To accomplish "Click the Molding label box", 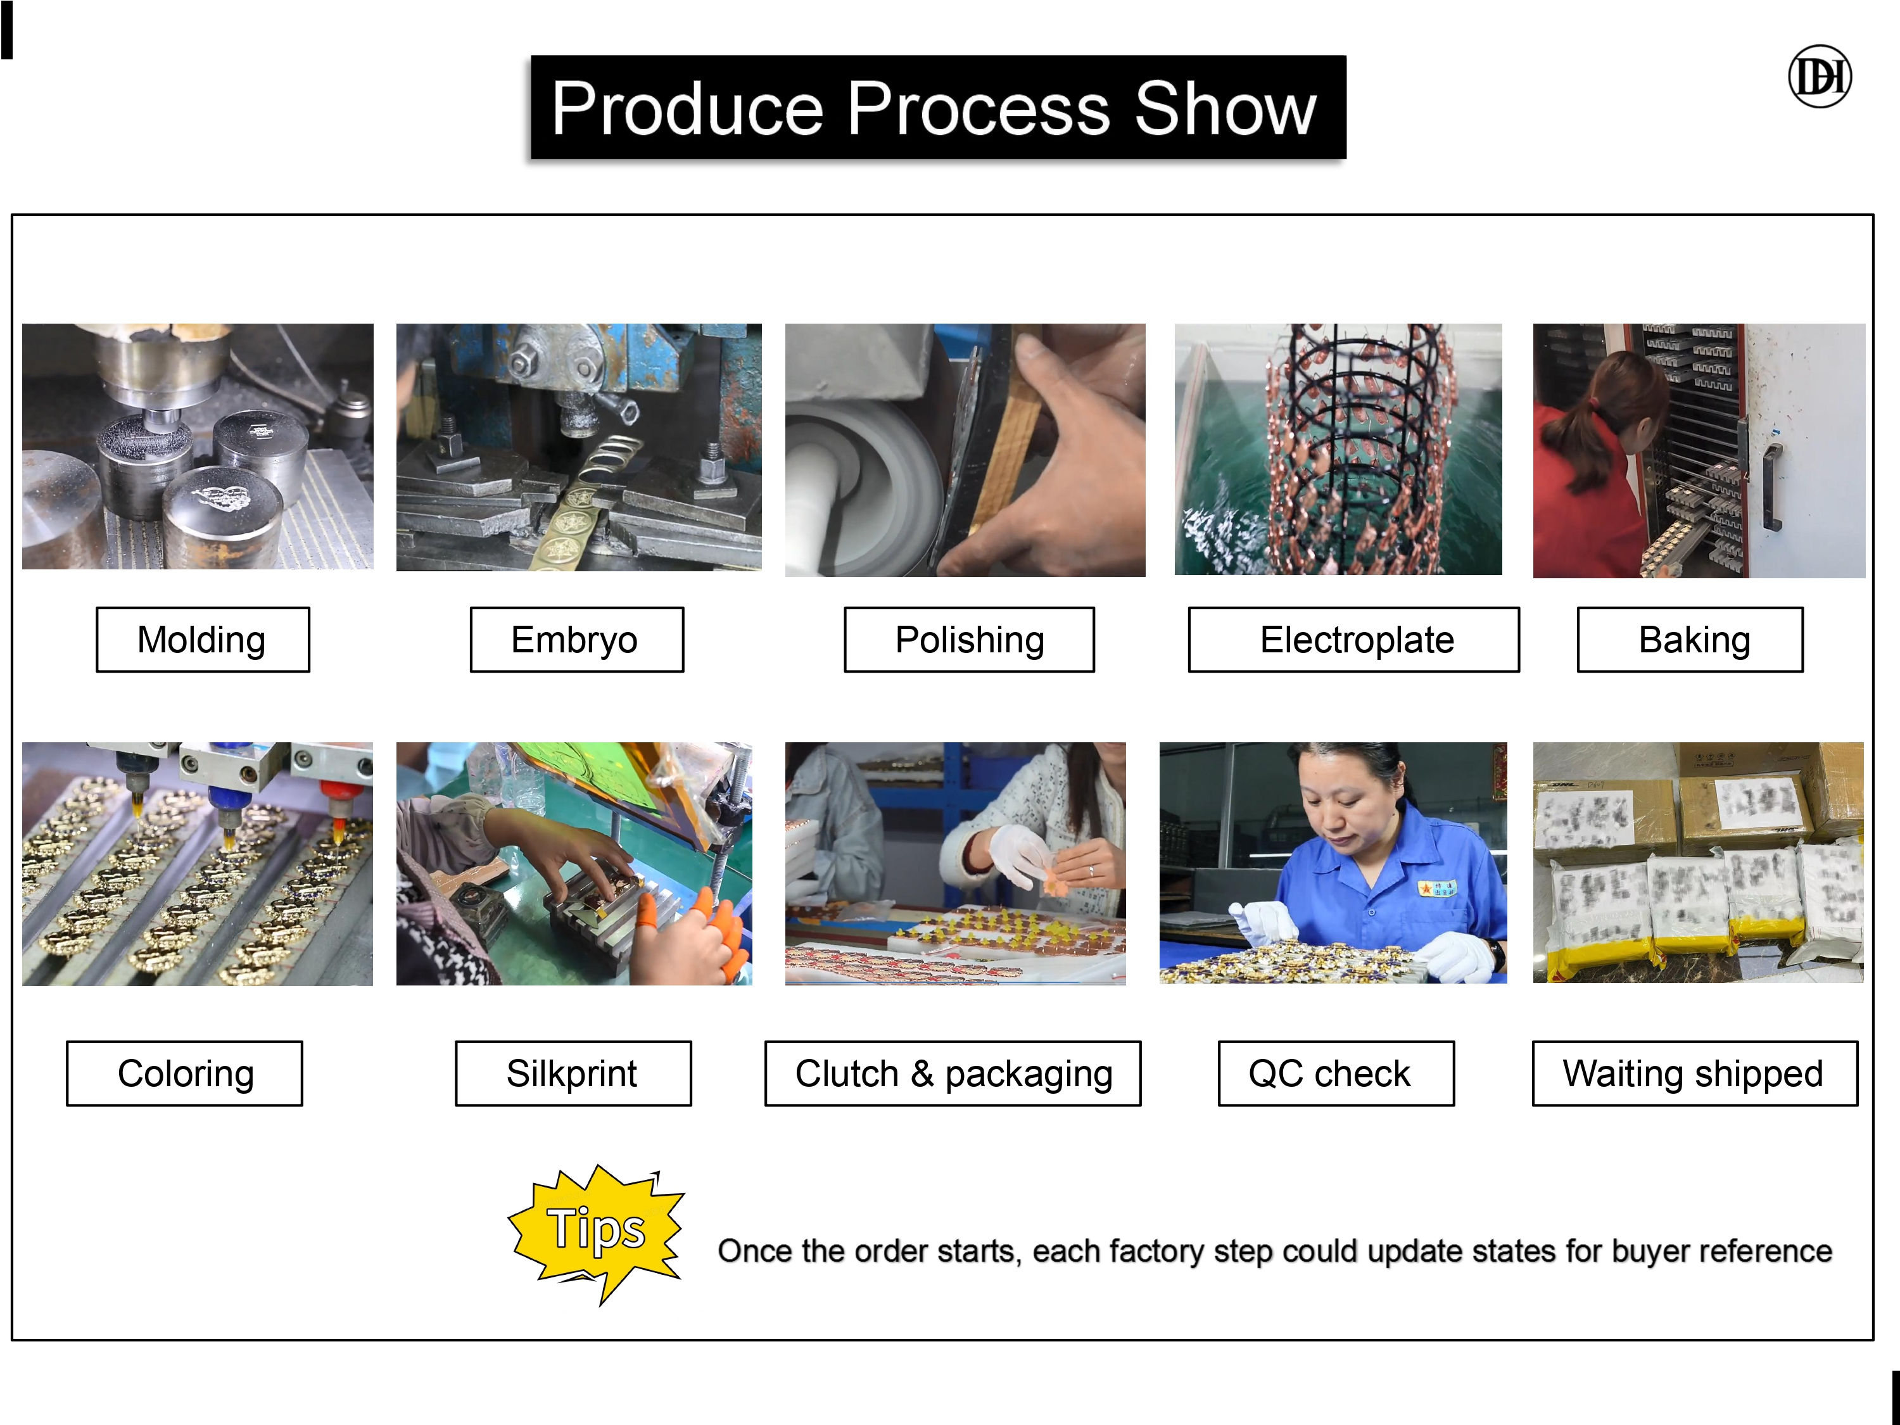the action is [203, 640].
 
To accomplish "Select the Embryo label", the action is [576, 640].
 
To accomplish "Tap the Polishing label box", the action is [969, 640].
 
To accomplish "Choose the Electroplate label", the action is [1353, 640].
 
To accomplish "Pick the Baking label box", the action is [1690, 640].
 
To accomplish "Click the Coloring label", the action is [185, 1073].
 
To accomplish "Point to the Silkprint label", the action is [573, 1073].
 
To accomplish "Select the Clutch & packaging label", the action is [953, 1073].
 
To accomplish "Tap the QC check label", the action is [1336, 1073].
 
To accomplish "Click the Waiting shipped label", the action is [1695, 1073].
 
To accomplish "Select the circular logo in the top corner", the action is [1820, 77].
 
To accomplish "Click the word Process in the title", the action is [978, 108].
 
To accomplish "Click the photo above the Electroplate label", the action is [1338, 449].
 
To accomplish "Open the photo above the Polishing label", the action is [965, 450].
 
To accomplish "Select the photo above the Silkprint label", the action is [574, 864].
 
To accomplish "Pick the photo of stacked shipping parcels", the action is [1698, 863].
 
